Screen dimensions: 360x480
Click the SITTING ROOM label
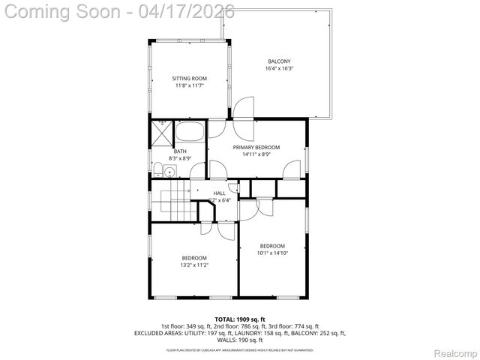189,79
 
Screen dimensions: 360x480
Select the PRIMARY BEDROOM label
256,148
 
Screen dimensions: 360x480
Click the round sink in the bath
171,172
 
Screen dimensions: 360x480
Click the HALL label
219,193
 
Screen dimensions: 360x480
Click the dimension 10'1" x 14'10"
272,253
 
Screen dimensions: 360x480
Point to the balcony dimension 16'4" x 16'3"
279,69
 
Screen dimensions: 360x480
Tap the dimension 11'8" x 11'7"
189,86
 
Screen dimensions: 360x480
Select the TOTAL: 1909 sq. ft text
240,319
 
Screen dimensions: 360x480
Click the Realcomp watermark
452,352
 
